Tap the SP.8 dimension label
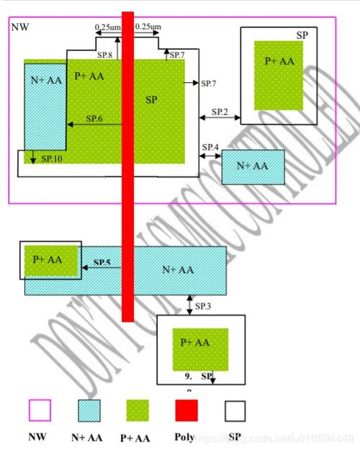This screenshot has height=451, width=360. tap(105, 55)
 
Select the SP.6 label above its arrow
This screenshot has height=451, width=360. tap(94, 118)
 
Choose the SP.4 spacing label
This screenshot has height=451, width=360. tap(210, 148)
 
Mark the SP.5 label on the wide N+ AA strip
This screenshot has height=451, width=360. tap(102, 263)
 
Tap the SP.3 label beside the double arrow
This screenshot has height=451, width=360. tap(203, 307)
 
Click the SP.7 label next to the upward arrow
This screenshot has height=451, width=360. tap(177, 55)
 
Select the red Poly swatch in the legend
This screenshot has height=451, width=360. tap(185, 410)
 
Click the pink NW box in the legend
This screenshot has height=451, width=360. tap(40, 410)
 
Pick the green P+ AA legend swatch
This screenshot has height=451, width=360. tap(138, 410)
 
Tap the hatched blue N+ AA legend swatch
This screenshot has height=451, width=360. tap(89, 410)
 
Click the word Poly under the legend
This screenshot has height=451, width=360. tap(185, 437)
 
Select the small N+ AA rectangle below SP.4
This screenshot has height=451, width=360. tap(253, 167)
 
